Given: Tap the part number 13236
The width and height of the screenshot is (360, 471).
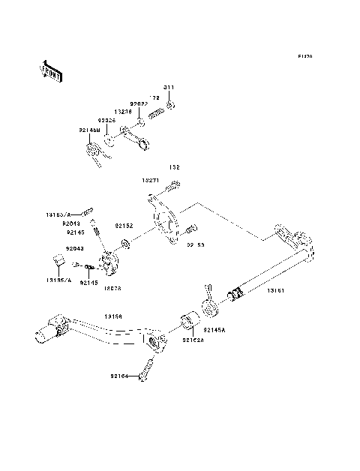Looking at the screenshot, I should point(124,110).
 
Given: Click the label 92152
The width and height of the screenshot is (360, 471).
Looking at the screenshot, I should point(124,224).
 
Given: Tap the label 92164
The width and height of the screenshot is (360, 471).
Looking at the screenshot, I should point(120,376).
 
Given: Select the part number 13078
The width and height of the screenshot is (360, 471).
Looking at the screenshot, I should point(114,286).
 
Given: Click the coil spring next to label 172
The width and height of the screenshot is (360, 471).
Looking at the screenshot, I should point(156,113).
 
